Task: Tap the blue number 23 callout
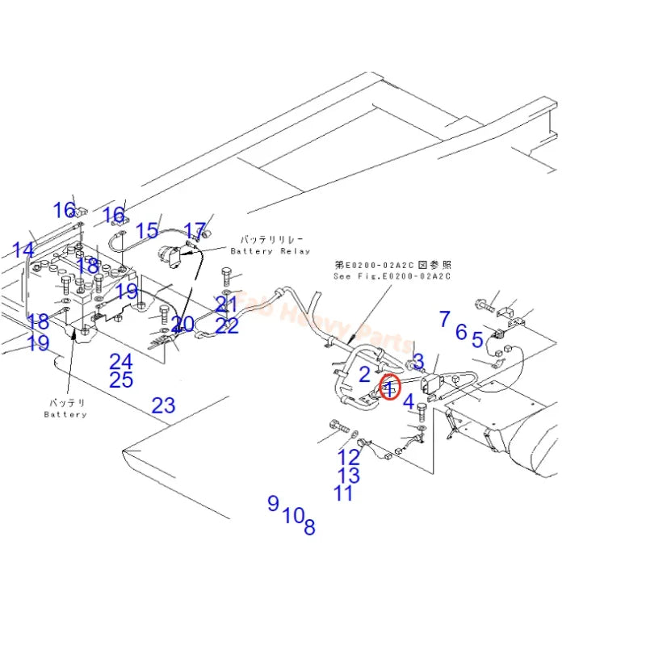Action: click(163, 405)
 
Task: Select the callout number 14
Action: click(23, 250)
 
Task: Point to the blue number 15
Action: click(147, 231)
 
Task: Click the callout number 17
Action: click(195, 233)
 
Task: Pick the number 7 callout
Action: click(444, 319)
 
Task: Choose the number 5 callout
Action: click(478, 341)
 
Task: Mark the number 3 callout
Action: click(417, 360)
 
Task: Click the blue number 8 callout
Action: click(309, 528)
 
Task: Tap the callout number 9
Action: click(273, 503)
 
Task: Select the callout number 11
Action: click(343, 493)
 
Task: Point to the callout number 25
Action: click(121, 380)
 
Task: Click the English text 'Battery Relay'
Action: click(270, 251)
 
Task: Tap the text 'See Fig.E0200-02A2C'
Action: click(392, 276)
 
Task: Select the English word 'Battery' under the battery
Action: click(65, 414)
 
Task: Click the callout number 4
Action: click(409, 401)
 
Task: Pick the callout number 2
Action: click(364, 374)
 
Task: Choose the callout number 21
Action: click(227, 304)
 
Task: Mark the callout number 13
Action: click(349, 476)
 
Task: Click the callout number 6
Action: click(461, 331)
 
